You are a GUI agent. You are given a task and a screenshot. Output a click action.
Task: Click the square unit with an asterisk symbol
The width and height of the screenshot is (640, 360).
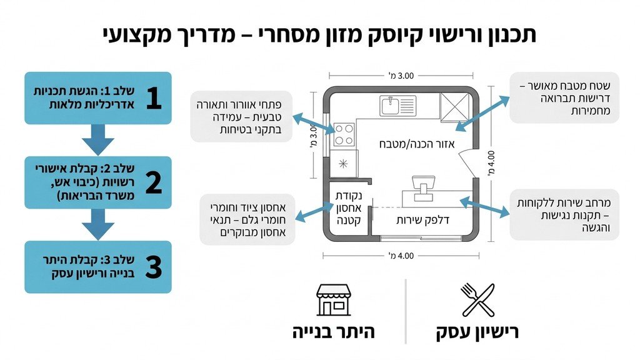(343, 164)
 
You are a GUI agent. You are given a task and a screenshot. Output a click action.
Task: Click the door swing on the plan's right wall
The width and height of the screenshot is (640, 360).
(469, 164)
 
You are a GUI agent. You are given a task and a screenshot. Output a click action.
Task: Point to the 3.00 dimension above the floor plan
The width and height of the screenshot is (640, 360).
(401, 76)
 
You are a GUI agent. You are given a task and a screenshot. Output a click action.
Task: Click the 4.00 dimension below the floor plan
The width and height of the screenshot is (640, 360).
(401, 255)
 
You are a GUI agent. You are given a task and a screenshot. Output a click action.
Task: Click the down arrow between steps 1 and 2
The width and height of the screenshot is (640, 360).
(98, 139)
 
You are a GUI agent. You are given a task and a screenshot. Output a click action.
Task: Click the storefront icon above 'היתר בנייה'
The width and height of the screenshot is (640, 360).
(334, 299)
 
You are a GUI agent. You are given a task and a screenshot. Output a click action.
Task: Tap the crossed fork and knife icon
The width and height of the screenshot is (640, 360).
(477, 299)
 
